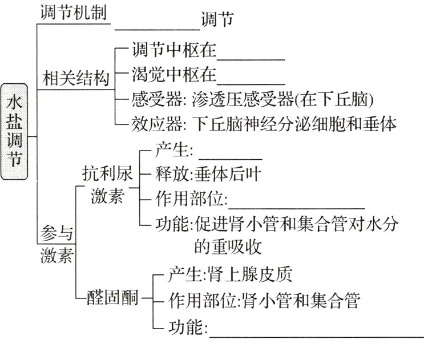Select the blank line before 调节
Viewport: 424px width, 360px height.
click(x=157, y=23)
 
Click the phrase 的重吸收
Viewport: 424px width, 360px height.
click(x=227, y=246)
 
